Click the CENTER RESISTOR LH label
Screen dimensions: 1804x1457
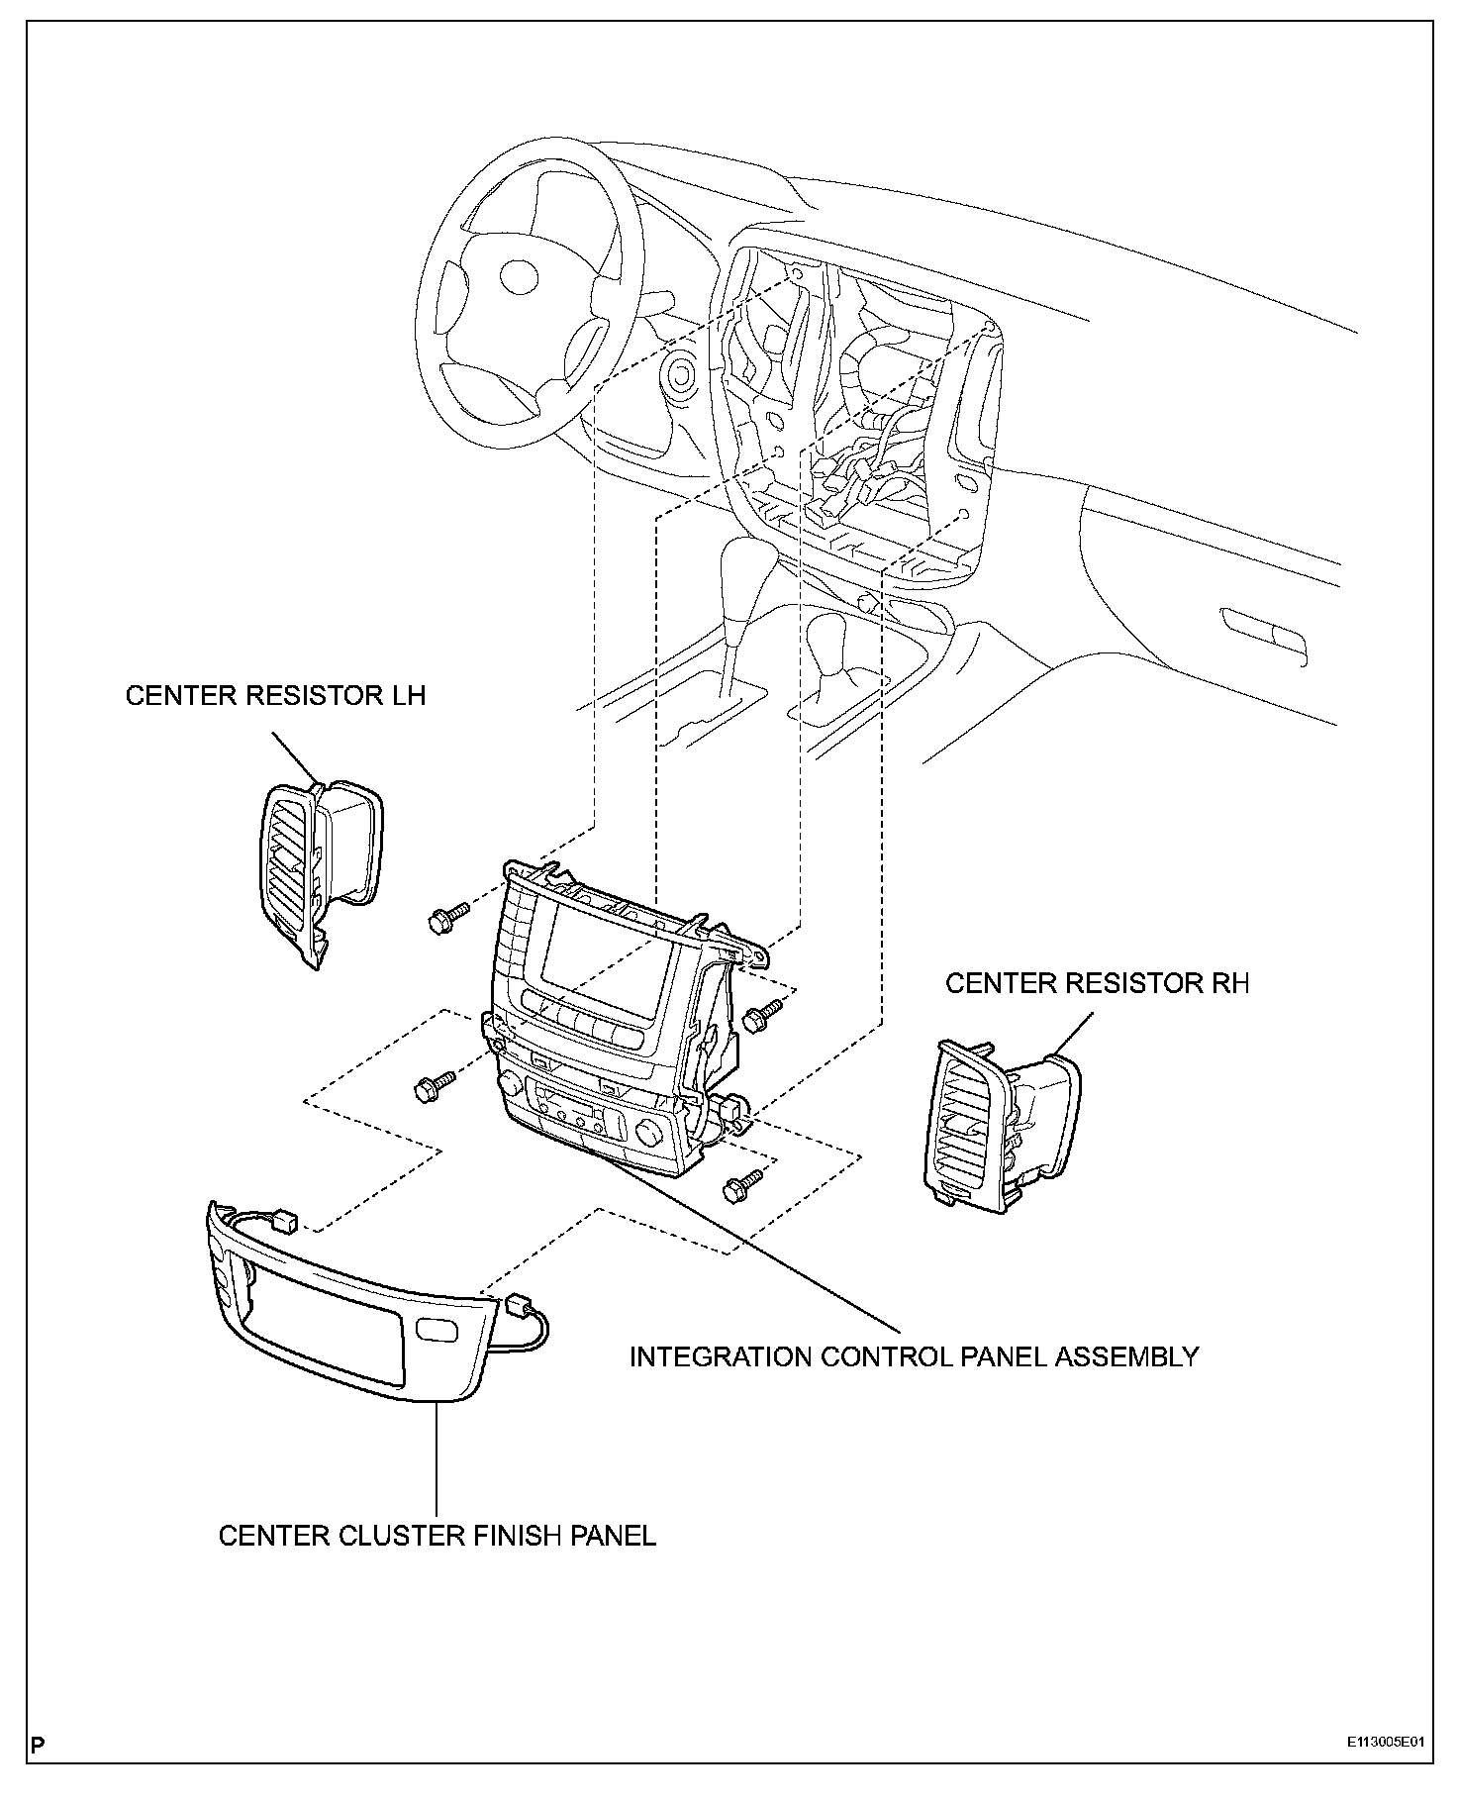click(275, 695)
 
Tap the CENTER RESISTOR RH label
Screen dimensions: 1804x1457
click(1097, 983)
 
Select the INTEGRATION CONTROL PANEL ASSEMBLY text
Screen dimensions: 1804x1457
click(914, 1355)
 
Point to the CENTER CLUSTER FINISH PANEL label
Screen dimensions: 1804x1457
click(437, 1536)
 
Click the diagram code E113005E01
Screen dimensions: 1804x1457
click(1385, 1743)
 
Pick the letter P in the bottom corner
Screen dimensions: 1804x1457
click(38, 1745)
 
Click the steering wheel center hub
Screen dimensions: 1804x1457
click(518, 275)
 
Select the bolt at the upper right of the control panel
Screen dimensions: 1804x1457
click(763, 1013)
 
